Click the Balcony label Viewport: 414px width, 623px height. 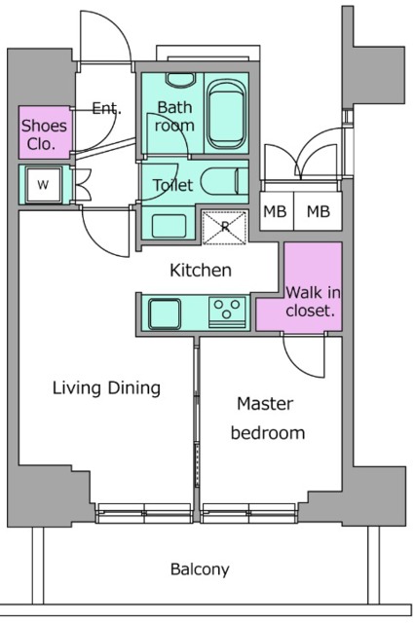point(200,569)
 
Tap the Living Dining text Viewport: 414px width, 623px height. point(106,387)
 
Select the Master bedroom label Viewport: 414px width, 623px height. point(267,418)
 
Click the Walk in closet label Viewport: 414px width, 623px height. point(313,302)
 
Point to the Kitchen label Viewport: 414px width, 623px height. point(201,271)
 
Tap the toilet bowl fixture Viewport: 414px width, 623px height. point(224,182)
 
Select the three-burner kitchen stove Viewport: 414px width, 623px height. point(227,312)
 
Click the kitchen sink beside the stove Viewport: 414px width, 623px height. point(165,313)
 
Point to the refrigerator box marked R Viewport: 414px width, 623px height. point(225,227)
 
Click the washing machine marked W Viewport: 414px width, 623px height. point(43,184)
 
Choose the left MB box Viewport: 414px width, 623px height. point(277,210)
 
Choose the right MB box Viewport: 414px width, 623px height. point(318,210)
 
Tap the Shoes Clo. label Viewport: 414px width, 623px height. point(44,134)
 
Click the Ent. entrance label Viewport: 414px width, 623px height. point(106,108)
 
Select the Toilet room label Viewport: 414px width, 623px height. point(173,185)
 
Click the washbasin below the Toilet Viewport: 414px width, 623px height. point(169,226)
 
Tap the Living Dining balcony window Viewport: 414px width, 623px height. point(144,513)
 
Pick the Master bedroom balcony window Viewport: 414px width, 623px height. point(249,513)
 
